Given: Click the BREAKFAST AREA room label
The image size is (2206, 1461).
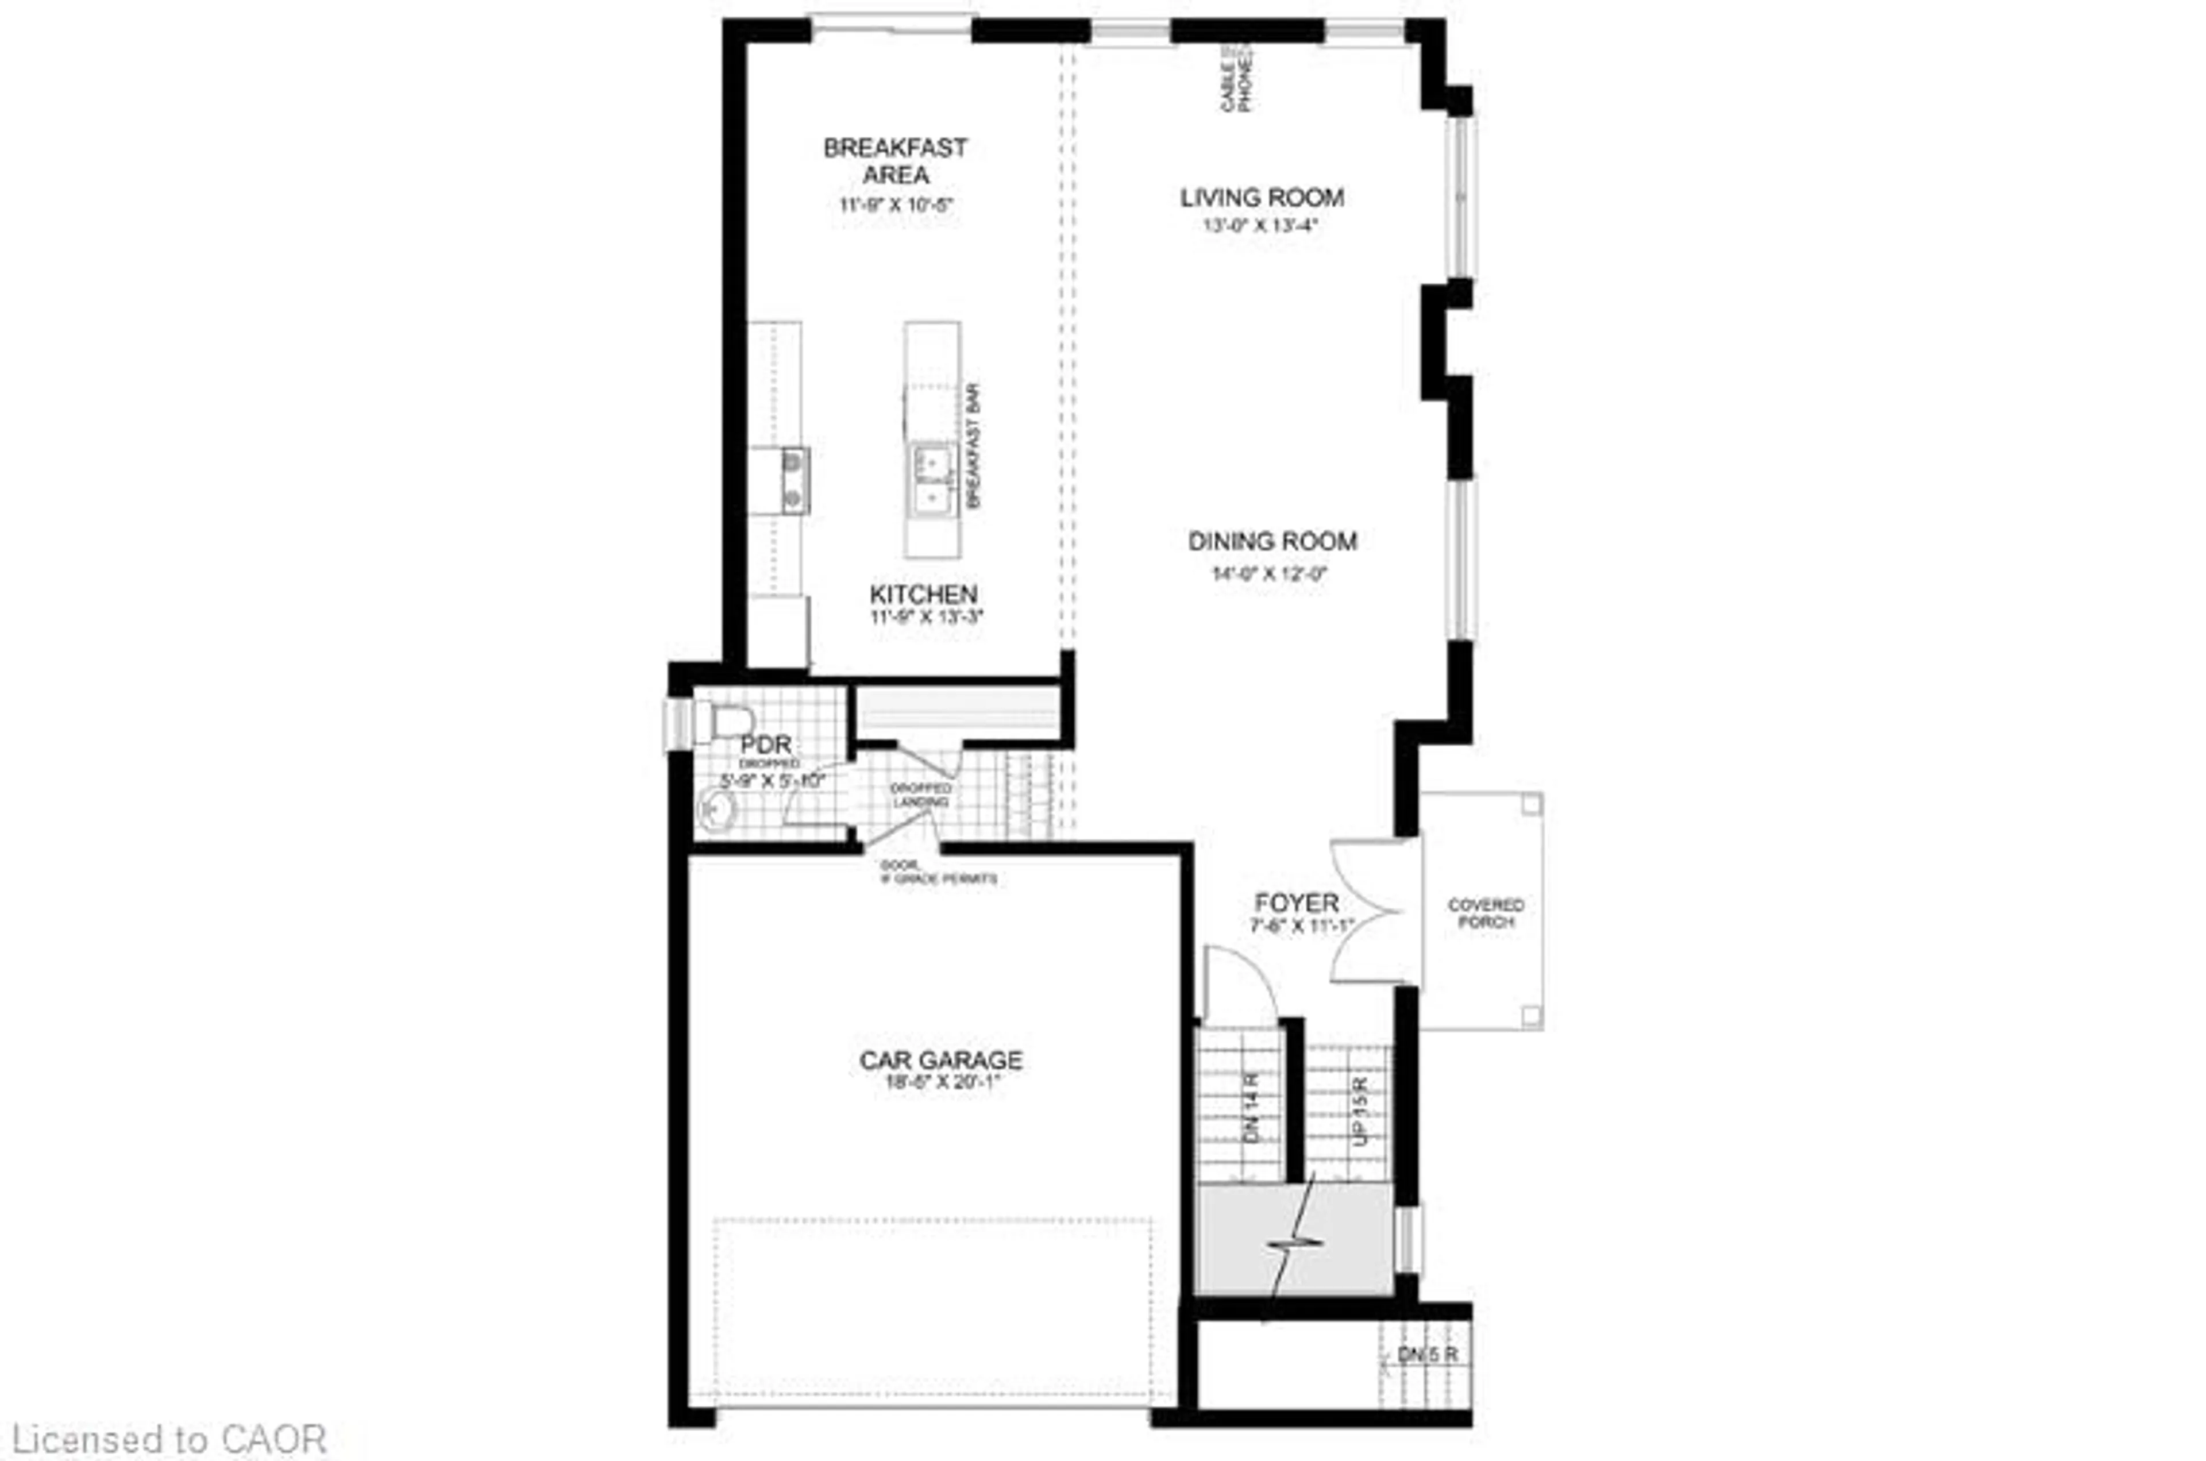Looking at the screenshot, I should [x=895, y=161].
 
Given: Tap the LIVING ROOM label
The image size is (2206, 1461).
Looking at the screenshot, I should [x=1262, y=198].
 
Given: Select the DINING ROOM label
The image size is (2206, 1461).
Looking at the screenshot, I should [x=1272, y=541].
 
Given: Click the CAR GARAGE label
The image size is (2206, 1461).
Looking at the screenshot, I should [x=941, y=1061].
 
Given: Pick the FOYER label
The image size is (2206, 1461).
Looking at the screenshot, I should [x=1296, y=903].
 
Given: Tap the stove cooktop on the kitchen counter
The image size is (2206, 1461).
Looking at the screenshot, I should [x=793, y=480].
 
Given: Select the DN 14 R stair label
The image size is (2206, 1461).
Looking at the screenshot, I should [x=1251, y=1109].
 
